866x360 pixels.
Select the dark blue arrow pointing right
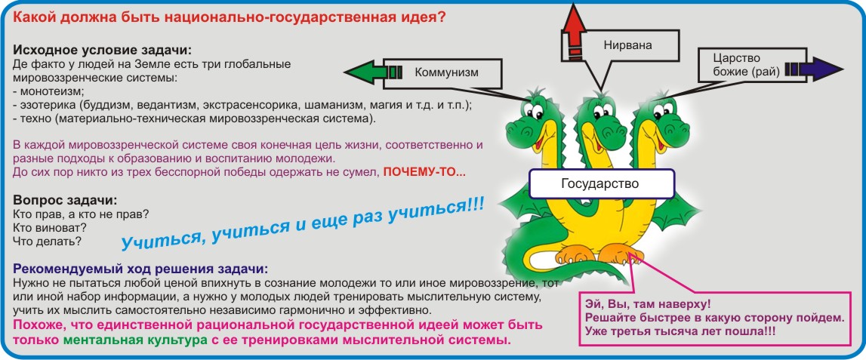pos(814,69)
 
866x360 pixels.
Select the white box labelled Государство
pos(602,184)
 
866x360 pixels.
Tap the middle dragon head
pos(599,118)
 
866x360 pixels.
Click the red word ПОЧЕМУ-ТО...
pos(424,172)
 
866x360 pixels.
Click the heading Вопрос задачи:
pos(65,200)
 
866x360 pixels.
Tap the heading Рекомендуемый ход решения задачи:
pos(140,269)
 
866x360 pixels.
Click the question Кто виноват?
pos(50,227)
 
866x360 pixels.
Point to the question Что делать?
pos(47,242)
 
